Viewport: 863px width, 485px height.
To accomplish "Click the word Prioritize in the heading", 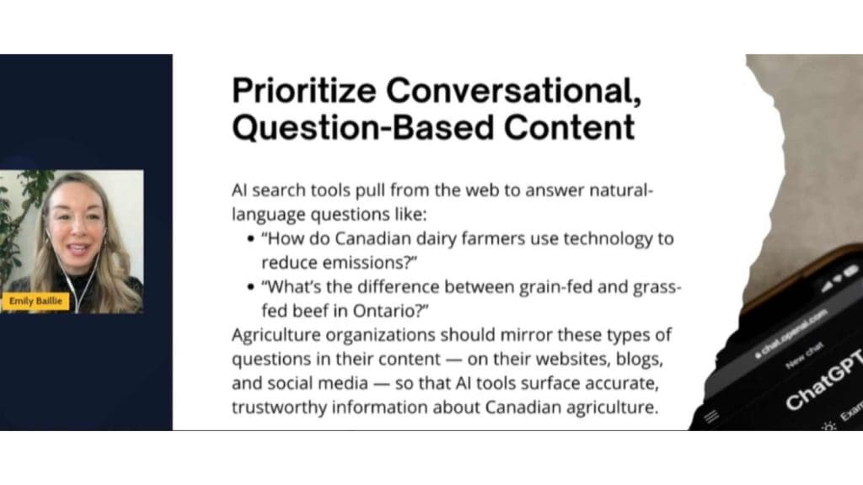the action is (x=303, y=90).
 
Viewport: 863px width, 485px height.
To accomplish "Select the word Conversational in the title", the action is (x=513, y=90).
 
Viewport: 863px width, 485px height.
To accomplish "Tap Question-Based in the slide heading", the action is (x=362, y=127).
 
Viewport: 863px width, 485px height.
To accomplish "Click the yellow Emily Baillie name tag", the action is (x=35, y=301).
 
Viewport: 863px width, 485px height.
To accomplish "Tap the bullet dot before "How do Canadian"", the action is (x=251, y=239).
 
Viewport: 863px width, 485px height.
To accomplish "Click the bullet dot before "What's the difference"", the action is (x=251, y=288).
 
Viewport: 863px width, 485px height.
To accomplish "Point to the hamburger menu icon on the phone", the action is (x=711, y=416).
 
